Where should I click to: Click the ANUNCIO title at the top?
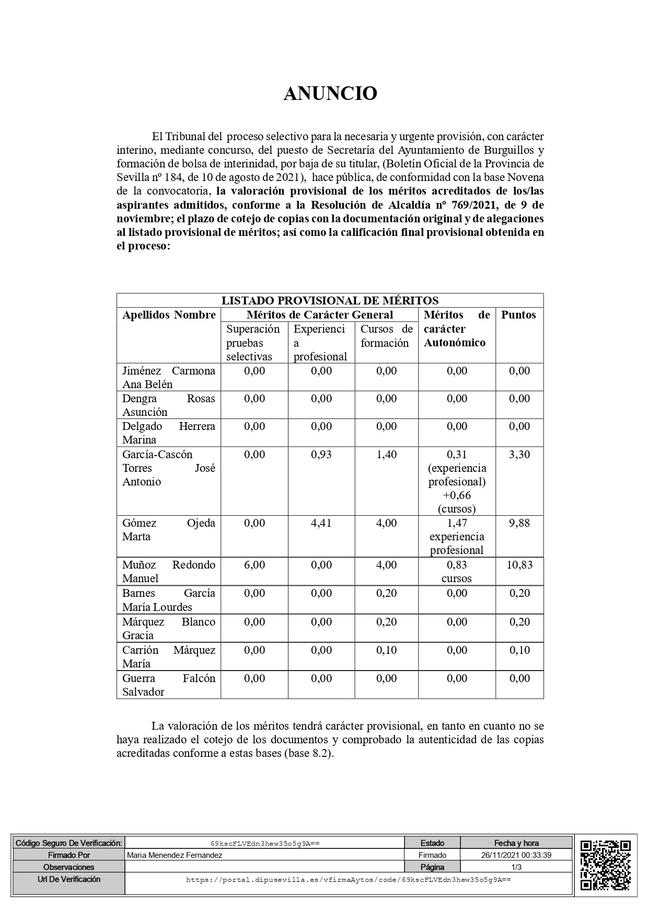[330, 94]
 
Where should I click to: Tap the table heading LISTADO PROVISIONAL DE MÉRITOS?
[330, 300]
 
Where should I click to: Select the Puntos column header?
[518, 315]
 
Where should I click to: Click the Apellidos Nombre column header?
[169, 315]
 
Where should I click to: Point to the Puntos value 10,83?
[519, 565]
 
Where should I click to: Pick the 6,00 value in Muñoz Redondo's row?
[254, 565]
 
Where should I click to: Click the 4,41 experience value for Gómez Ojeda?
[321, 523]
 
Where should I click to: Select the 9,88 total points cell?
[519, 523]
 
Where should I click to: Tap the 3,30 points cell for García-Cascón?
[519, 455]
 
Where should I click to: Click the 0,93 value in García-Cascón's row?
[321, 455]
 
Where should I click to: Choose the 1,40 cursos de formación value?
[387, 455]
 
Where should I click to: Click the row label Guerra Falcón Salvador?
[168, 685]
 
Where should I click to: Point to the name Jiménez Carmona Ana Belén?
[168, 377]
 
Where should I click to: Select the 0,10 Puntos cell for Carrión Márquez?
[519, 650]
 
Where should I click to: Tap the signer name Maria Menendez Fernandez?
[175, 855]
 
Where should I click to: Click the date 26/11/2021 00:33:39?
[516, 855]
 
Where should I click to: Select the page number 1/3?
[516, 867]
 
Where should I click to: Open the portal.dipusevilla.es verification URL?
[348, 880]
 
